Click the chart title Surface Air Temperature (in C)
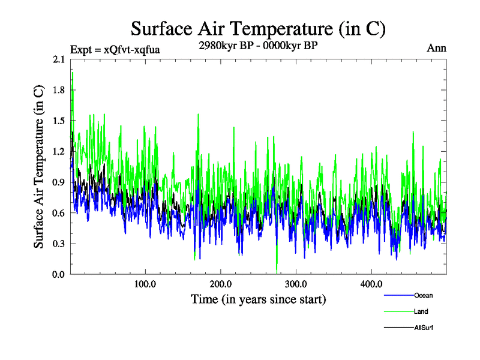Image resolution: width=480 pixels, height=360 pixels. click(258, 28)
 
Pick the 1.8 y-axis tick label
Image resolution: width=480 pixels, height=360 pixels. click(59, 90)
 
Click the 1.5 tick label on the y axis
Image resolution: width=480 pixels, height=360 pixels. click(59, 121)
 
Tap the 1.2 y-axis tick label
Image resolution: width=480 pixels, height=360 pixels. click(59, 152)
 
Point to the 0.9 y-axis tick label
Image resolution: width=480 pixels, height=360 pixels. click(59, 182)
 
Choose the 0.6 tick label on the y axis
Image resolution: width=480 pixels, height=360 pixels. click(59, 213)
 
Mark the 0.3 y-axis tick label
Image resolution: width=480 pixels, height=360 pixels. click(59, 244)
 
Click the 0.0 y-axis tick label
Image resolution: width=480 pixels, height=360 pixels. click(59, 274)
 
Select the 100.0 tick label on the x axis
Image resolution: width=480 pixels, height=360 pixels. click(145, 284)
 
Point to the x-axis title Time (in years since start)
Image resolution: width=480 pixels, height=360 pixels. click(258, 299)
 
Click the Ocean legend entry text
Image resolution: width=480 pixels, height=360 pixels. click(423, 295)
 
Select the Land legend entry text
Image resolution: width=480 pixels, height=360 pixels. click(421, 311)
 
